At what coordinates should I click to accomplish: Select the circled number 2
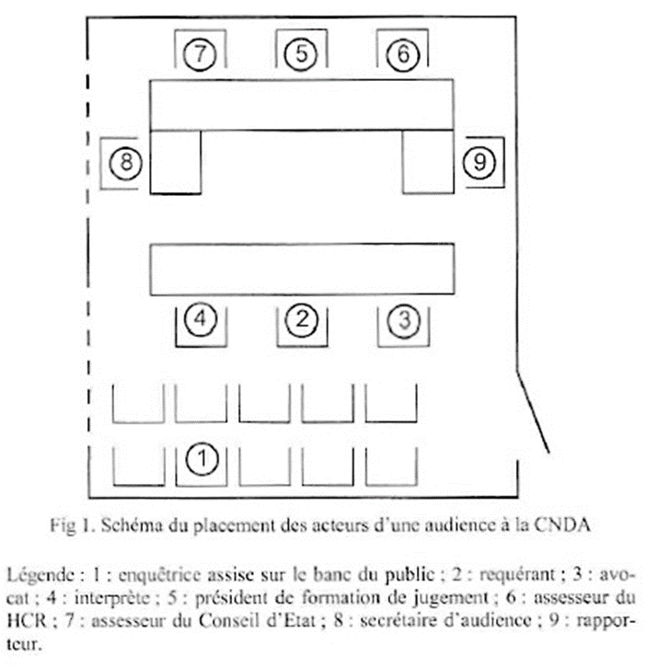point(302,320)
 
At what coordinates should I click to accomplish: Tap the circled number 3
point(404,320)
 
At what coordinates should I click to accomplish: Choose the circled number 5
point(302,54)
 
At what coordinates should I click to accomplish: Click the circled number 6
point(402,54)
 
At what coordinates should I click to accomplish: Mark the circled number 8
point(125,163)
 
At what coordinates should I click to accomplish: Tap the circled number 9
point(479,163)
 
